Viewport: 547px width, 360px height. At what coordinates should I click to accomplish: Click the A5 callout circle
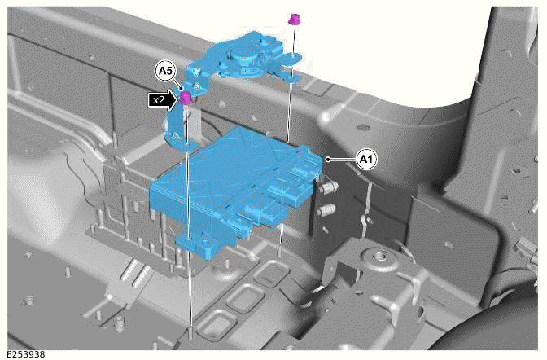(x=166, y=72)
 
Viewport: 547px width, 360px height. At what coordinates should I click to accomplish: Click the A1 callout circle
(x=367, y=160)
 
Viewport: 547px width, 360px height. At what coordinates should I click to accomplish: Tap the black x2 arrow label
(x=160, y=100)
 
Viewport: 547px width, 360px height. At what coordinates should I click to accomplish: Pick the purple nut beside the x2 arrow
(x=186, y=99)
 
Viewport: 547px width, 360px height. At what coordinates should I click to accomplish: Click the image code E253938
(x=24, y=353)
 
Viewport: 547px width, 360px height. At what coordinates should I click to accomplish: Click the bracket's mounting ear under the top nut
(x=291, y=59)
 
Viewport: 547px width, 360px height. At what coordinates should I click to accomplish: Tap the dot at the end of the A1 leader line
(x=326, y=160)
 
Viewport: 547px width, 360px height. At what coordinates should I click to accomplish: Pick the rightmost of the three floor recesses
(x=268, y=274)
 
